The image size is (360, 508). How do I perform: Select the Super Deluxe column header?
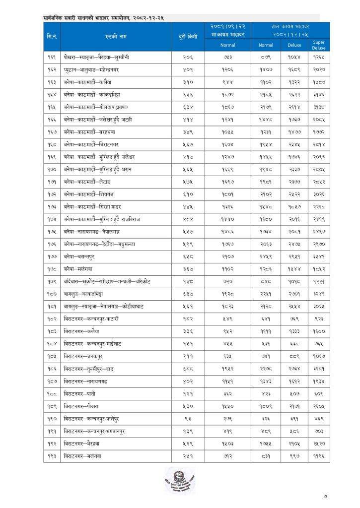pos(318,46)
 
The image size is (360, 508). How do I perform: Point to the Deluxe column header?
pos(294,45)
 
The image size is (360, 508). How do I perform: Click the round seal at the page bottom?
pos(179,480)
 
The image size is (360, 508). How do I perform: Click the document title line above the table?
pos(104,18)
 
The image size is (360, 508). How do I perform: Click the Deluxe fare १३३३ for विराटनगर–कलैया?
pos(294,331)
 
